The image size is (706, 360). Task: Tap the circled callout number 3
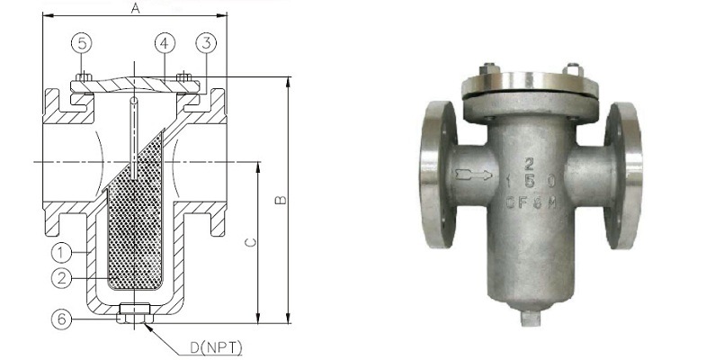tap(206, 42)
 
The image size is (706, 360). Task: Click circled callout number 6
tap(58, 318)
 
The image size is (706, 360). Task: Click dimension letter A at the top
tap(136, 8)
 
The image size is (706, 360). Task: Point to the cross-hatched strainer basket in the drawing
tap(135, 225)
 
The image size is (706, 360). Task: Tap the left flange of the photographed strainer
tap(434, 175)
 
